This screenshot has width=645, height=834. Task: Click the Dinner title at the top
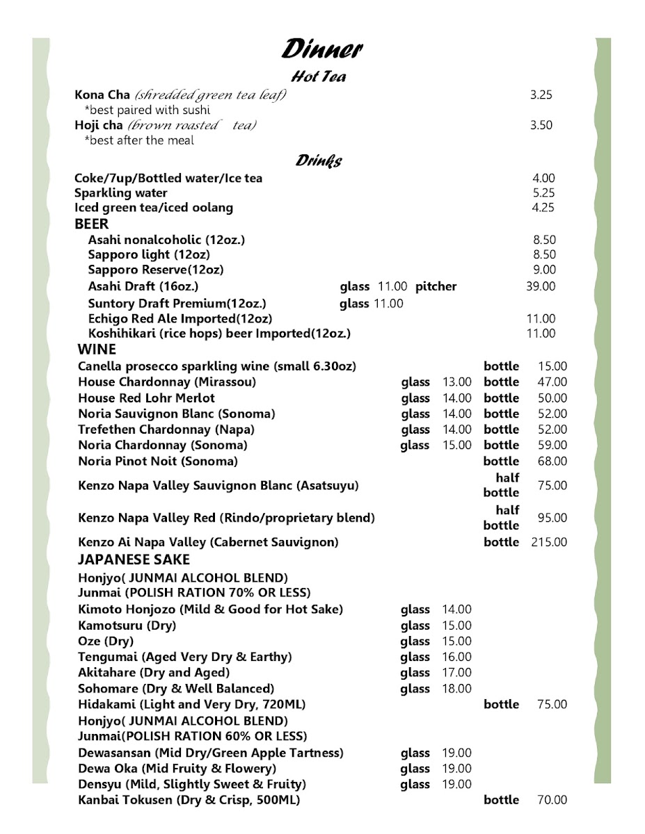pyautogui.click(x=321, y=50)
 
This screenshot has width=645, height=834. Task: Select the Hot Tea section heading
pyautogui.click(x=318, y=77)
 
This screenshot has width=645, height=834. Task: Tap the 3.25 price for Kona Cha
pyautogui.click(x=541, y=96)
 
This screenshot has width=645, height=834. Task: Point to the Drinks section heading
pyautogui.click(x=318, y=161)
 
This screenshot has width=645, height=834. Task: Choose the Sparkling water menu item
pyautogui.click(x=121, y=193)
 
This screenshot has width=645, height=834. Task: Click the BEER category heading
pyautogui.click(x=92, y=224)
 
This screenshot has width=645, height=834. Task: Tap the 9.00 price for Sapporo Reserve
pyautogui.click(x=545, y=270)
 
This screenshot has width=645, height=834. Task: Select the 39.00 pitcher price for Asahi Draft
pyautogui.click(x=542, y=286)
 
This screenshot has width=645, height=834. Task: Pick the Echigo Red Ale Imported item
pyautogui.click(x=180, y=318)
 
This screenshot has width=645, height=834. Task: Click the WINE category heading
pyautogui.click(x=97, y=350)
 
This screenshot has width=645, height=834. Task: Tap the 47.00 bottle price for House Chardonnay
pyautogui.click(x=552, y=382)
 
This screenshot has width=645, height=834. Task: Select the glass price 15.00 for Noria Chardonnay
pyautogui.click(x=456, y=445)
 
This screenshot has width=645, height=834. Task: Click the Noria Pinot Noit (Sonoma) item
pyautogui.click(x=158, y=461)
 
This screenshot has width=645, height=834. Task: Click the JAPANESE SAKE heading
pyautogui.click(x=134, y=559)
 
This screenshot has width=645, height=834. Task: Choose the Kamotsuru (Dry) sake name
pyautogui.click(x=127, y=625)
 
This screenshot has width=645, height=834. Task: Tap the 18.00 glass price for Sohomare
pyautogui.click(x=456, y=689)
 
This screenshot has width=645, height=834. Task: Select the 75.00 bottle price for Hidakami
pyautogui.click(x=552, y=705)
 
